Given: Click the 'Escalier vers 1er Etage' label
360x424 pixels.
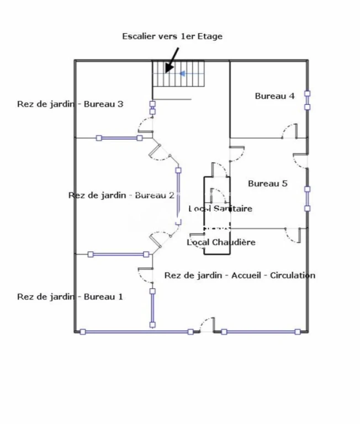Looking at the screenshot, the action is pyautogui.click(x=172, y=36).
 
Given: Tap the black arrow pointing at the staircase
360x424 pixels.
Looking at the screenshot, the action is pyautogui.click(x=172, y=60).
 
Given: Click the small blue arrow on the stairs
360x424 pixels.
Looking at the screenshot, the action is pyautogui.click(x=183, y=73).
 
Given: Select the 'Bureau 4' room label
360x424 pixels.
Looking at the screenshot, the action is pyautogui.click(x=274, y=96).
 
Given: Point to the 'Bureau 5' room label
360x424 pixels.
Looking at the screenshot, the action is pyautogui.click(x=267, y=184).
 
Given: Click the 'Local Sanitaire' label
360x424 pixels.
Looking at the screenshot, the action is pyautogui.click(x=220, y=209).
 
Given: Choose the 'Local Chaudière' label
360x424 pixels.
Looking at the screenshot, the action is pyautogui.click(x=221, y=242).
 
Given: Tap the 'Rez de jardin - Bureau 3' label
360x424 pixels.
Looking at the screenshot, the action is pyautogui.click(x=70, y=104).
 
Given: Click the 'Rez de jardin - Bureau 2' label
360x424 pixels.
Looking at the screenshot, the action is pyautogui.click(x=121, y=195).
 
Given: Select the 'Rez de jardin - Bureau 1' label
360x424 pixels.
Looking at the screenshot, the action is pyautogui.click(x=70, y=297).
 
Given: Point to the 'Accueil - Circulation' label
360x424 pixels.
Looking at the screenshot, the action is pyautogui.click(x=273, y=275).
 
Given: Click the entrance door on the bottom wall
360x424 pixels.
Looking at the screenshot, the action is pyautogui.click(x=207, y=325).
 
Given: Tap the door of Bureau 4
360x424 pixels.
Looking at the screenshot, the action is pyautogui.click(x=289, y=131).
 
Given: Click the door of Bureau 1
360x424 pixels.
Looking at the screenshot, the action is pyautogui.click(x=146, y=275).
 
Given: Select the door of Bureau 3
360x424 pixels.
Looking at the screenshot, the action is pyautogui.click(x=146, y=125).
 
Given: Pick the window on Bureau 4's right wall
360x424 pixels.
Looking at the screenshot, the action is pyautogui.click(x=307, y=100).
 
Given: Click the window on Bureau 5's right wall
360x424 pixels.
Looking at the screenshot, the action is pyautogui.click(x=307, y=199).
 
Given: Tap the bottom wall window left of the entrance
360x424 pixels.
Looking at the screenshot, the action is pyautogui.click(x=136, y=332).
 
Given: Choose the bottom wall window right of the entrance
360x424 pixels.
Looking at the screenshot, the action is pyautogui.click(x=261, y=332).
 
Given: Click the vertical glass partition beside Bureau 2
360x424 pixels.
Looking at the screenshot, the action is pyautogui.click(x=178, y=197).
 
